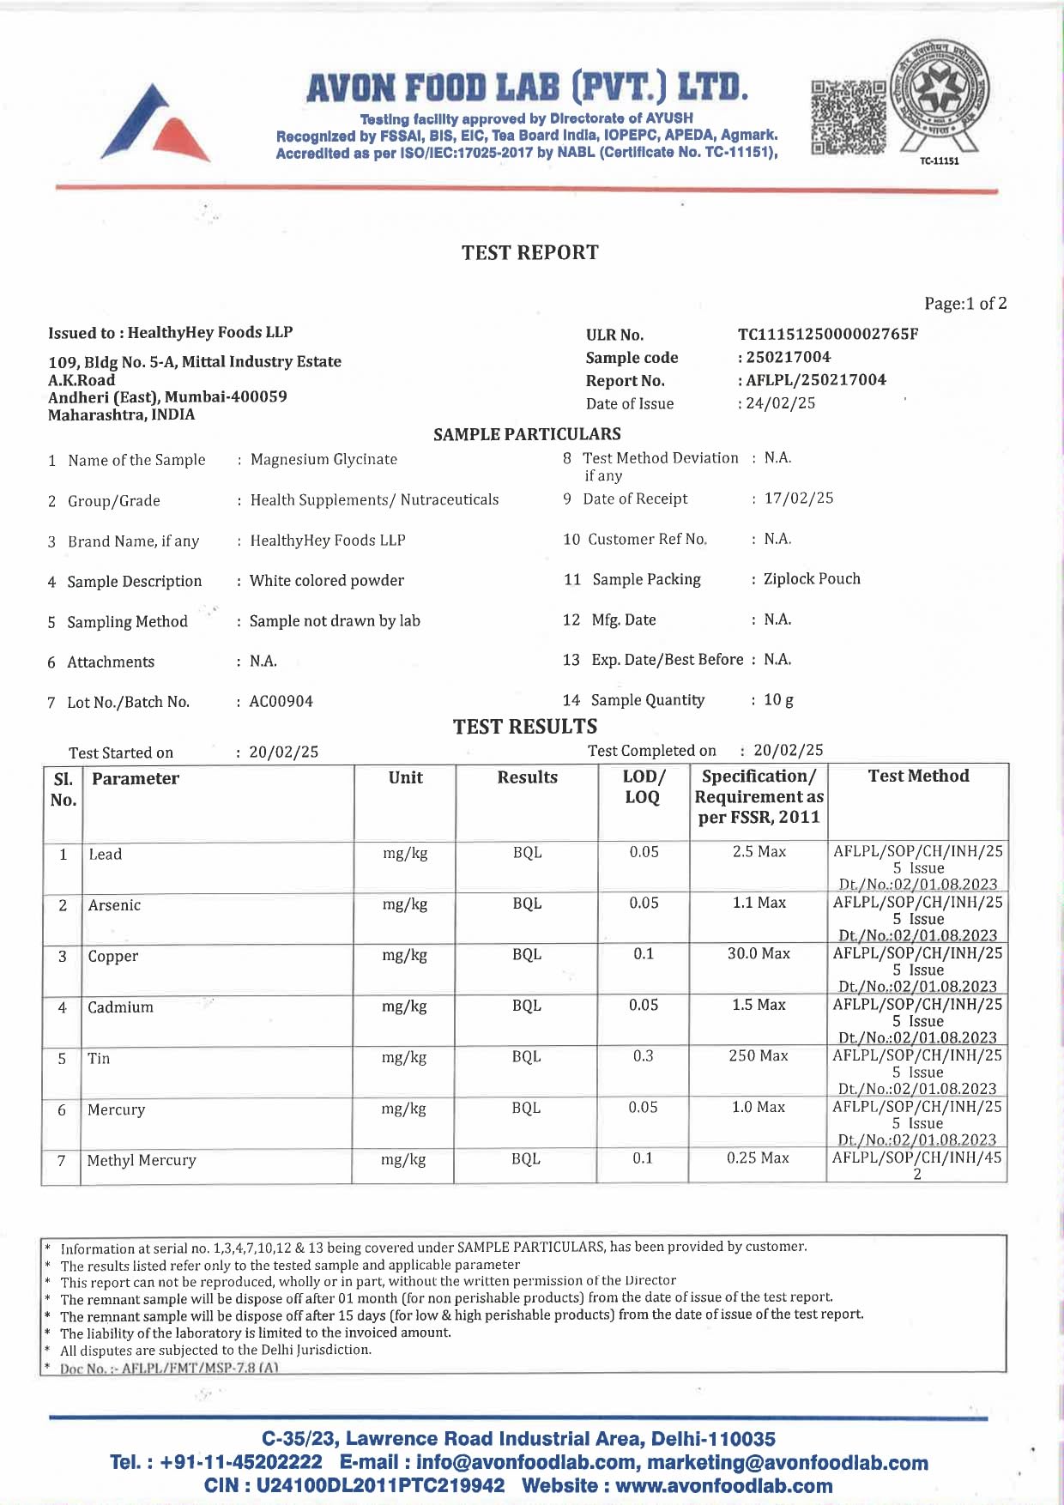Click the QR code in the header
848,118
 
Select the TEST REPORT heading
529,252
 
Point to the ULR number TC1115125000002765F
827,334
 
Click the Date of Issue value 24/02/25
780,403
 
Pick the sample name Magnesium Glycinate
323,459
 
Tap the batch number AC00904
281,702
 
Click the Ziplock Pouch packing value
812,579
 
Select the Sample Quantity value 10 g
778,700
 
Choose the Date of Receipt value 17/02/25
798,499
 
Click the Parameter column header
136,779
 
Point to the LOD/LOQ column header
643,787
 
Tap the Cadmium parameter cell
120,1007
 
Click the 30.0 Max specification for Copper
759,954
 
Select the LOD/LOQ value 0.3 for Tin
643,1056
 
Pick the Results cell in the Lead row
527,853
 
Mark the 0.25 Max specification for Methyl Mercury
758,1158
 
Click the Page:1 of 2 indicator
965,304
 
